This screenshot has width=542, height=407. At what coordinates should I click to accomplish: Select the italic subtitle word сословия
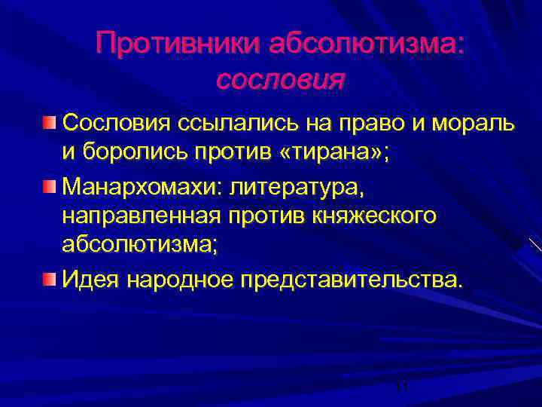280,78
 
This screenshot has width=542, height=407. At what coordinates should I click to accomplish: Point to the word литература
300,185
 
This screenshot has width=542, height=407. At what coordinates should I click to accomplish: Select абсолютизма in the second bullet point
139,248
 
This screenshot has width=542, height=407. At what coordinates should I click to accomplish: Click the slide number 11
401,387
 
